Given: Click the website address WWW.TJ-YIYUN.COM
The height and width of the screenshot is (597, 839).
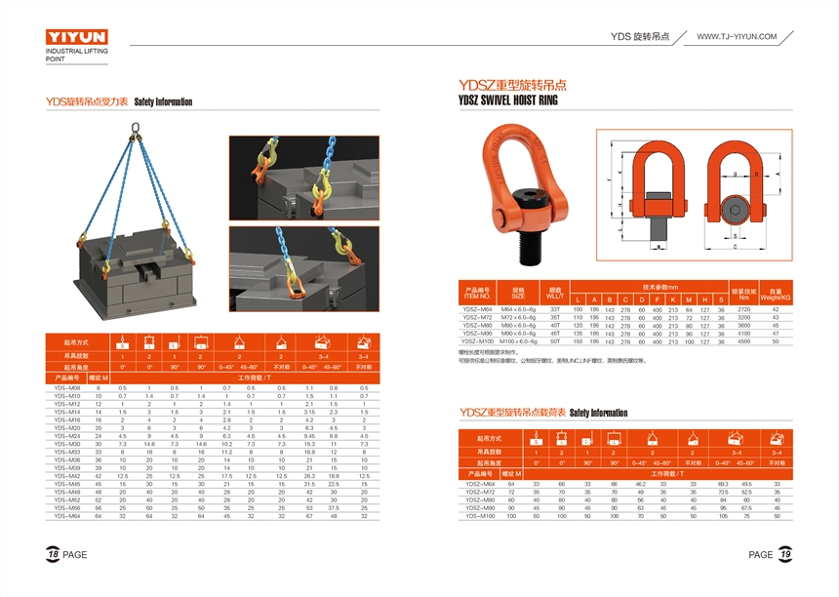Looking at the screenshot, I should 737,36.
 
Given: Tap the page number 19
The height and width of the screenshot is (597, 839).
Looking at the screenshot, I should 783,554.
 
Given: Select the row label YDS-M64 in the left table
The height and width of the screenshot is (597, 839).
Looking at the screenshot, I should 67,516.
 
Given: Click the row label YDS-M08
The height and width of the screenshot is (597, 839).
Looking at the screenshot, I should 67,388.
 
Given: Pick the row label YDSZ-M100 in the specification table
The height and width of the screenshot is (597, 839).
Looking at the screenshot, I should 478,341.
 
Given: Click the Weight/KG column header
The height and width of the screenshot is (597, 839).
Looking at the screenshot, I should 776,294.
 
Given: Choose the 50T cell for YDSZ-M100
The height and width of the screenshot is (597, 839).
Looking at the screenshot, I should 555,341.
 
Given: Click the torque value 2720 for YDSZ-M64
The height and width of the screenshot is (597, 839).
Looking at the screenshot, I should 744,309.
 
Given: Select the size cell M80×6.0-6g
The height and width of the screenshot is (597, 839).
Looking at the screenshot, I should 519,325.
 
